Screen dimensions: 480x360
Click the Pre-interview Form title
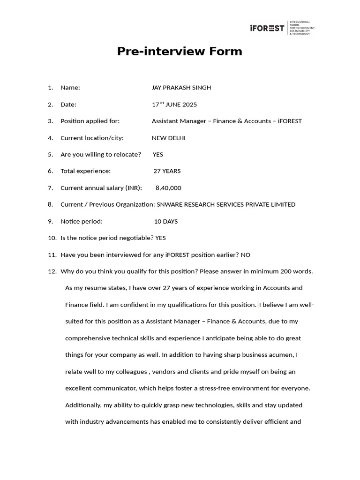point(180,52)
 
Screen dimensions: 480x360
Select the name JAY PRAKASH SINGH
point(181,88)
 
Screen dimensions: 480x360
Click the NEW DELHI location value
point(168,138)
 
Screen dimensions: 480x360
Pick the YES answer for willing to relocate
point(158,154)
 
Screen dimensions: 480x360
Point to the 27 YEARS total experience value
point(167,171)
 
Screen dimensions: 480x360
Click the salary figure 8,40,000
point(168,188)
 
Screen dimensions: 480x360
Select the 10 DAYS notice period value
point(166,221)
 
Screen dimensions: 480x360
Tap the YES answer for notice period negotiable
point(160,238)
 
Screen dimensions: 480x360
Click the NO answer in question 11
point(246,255)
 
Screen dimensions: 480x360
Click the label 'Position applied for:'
point(90,121)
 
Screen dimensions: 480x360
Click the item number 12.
point(52,271)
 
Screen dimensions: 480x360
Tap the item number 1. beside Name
point(51,88)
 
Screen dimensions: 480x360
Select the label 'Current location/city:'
point(92,138)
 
